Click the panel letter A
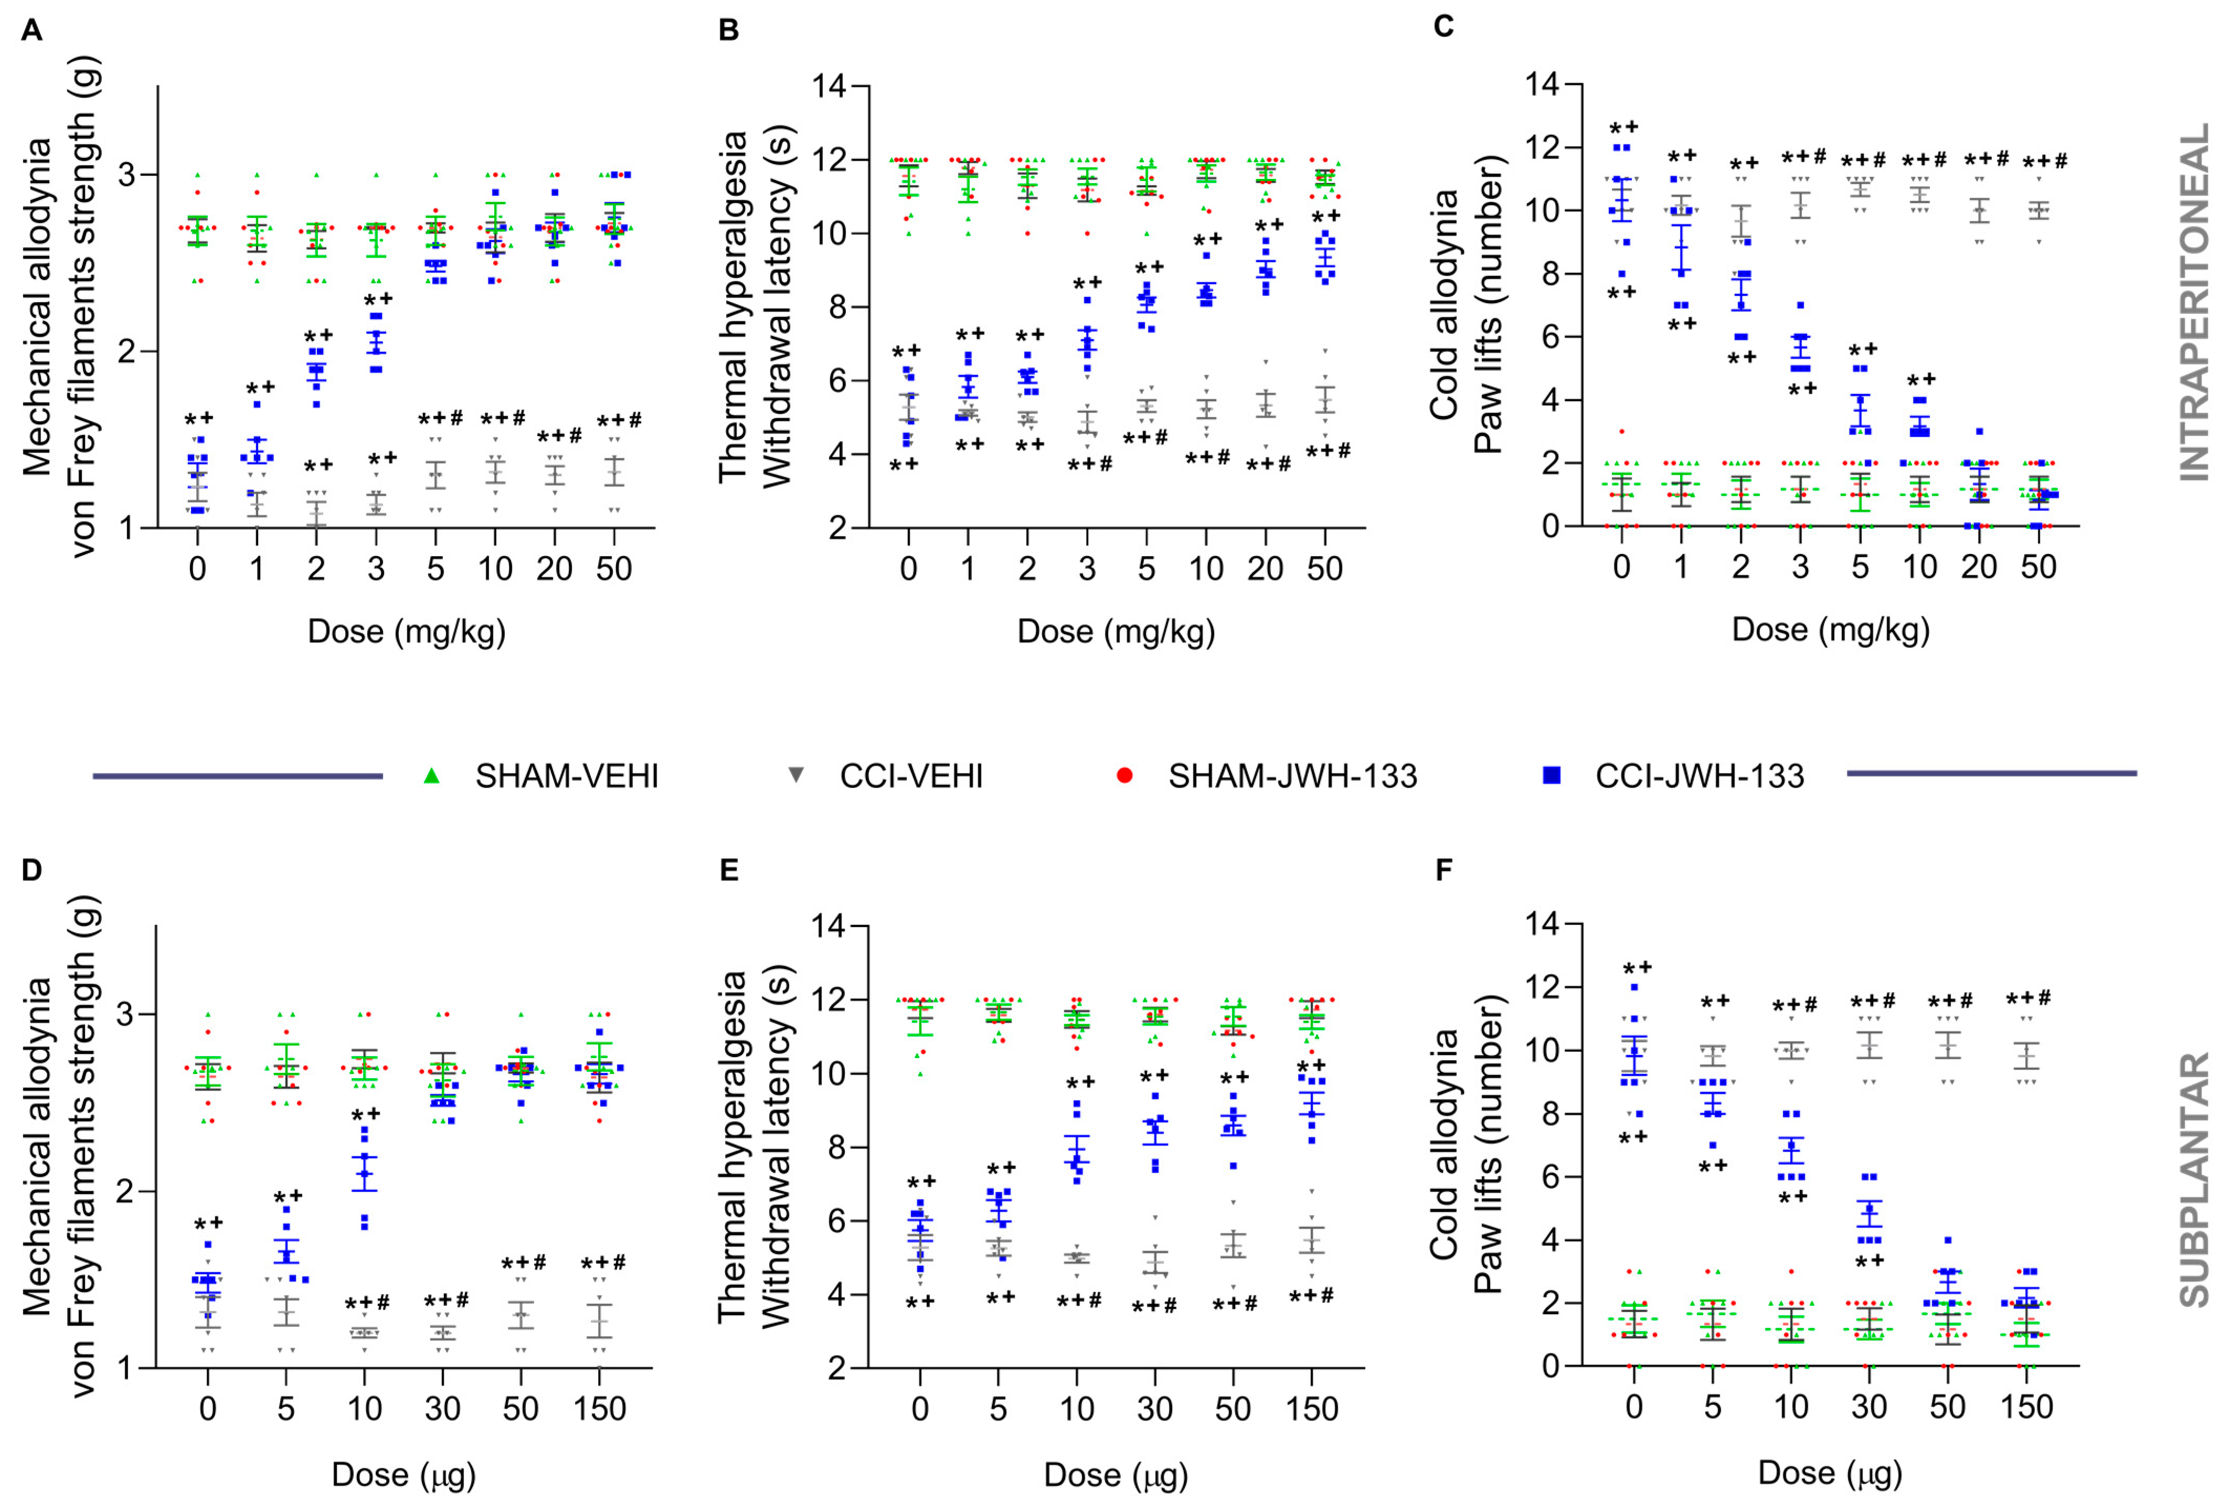tap(31, 30)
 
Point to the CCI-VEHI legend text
tap(911, 776)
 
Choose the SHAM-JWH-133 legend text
tap(1292, 776)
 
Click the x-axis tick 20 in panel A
tap(554, 569)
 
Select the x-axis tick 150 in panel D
tap(599, 1409)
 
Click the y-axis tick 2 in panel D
tap(121, 1191)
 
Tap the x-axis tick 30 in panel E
tap(1154, 1409)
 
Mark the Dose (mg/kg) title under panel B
tap(1115, 632)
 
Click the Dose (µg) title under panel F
tap(1830, 1473)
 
